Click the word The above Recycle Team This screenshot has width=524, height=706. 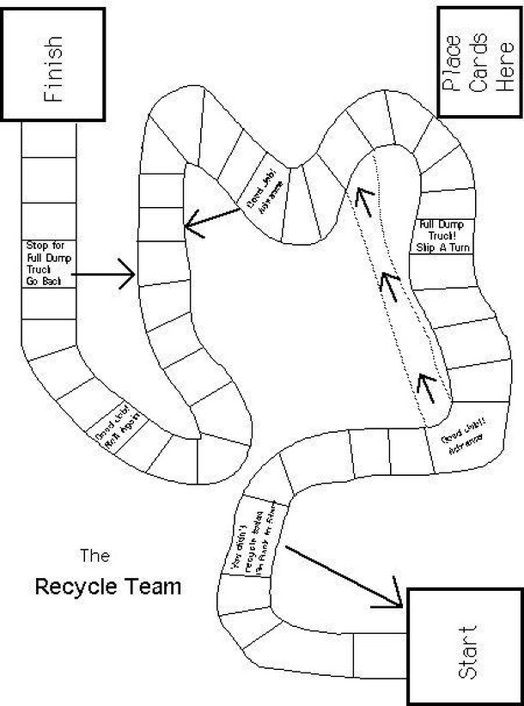[x=94, y=555]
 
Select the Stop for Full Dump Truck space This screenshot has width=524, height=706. [x=48, y=264]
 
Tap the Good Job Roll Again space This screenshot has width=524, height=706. [x=119, y=425]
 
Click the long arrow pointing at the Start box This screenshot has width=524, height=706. [x=342, y=575]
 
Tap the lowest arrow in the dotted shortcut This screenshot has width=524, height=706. [x=426, y=386]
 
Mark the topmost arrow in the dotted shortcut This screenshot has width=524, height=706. [x=362, y=199]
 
